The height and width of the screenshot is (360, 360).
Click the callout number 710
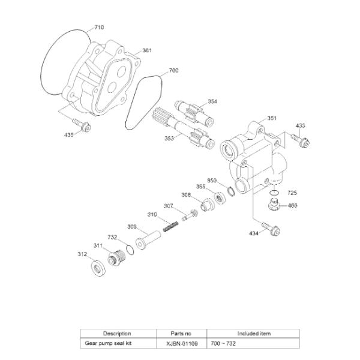(99, 28)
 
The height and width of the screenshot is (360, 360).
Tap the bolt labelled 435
(82, 124)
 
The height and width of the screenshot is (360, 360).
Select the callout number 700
(173, 70)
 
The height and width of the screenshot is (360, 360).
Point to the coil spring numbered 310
(170, 226)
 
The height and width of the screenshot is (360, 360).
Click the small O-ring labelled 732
(130, 250)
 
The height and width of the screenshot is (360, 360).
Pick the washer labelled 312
(98, 268)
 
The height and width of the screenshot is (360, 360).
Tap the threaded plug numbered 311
(116, 258)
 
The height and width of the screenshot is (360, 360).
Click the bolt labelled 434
(271, 228)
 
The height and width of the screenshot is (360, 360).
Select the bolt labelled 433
(301, 140)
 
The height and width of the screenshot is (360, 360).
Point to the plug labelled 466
(273, 204)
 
